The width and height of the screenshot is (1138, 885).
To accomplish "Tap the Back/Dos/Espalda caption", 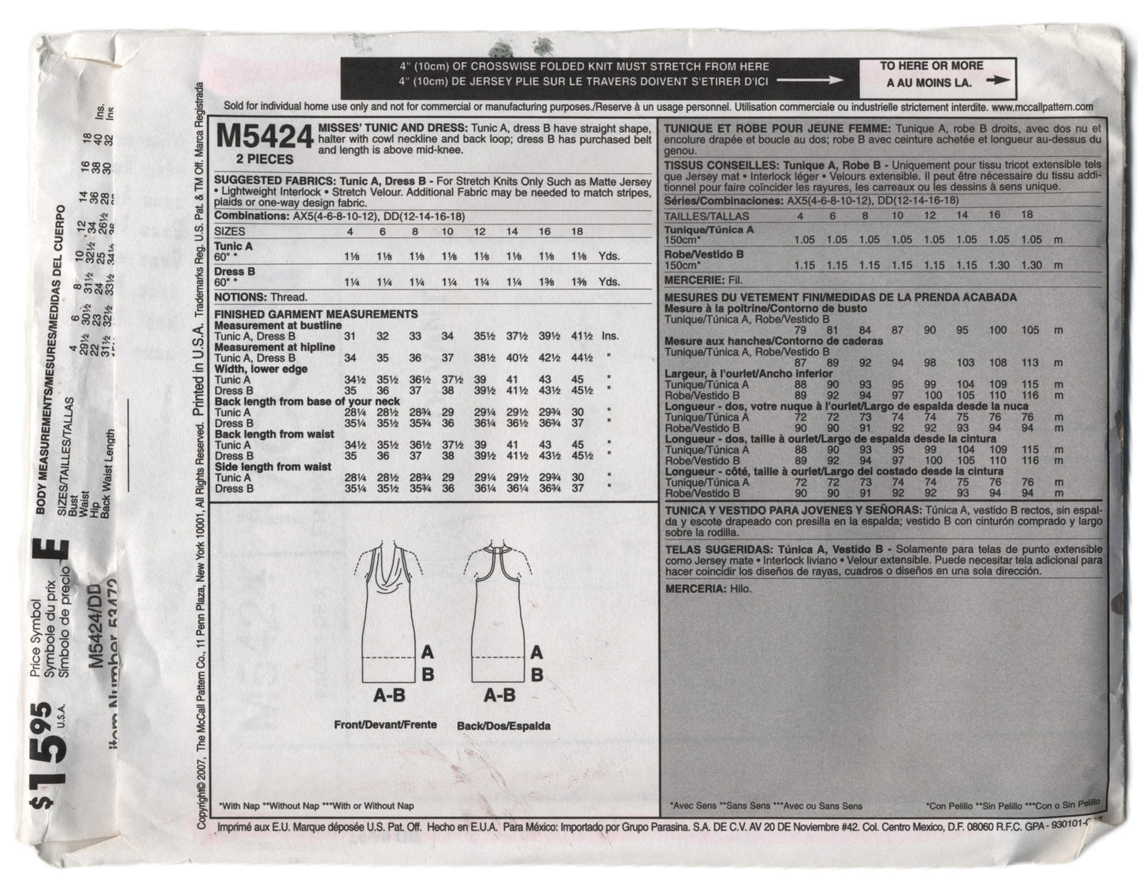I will (503, 725).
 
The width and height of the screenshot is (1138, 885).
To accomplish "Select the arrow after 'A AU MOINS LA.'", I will (998, 80).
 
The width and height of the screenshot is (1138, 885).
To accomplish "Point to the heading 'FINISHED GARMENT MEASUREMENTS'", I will (316, 313).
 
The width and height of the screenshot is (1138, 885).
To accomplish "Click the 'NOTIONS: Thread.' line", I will (260, 298).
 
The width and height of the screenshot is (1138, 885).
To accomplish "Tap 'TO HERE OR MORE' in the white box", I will (932, 66).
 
